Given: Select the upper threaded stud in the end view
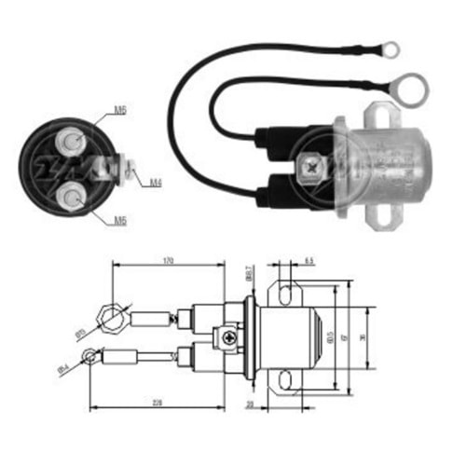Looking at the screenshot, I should [70, 142].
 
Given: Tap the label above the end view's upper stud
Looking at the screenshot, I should [120, 110].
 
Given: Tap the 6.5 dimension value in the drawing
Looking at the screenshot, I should [309, 262].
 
